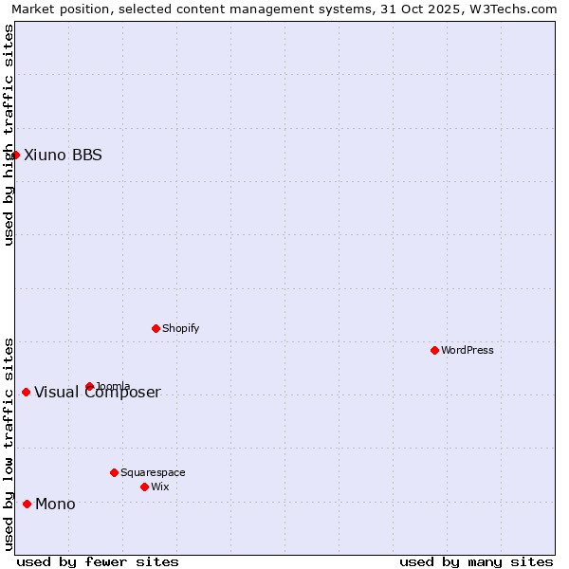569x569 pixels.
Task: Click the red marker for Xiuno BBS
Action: tap(15, 155)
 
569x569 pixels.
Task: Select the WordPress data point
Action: tap(434, 350)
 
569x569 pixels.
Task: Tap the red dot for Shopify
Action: tap(156, 328)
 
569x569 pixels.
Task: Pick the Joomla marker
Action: tap(89, 386)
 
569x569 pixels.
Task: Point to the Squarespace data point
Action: tap(114, 472)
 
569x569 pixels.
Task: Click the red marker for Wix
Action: tap(144, 486)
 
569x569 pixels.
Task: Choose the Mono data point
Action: tap(27, 504)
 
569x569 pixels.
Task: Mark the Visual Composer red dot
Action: tap(26, 392)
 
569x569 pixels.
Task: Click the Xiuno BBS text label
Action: tap(63, 155)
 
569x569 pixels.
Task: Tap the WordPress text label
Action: tap(468, 350)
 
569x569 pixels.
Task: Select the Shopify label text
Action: tap(181, 328)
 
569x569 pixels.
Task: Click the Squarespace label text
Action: tap(153, 472)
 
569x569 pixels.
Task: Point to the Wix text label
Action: tap(160, 486)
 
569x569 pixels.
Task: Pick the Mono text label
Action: tap(55, 504)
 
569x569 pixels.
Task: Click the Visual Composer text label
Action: tap(98, 393)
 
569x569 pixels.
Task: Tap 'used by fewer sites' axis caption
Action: tap(98, 561)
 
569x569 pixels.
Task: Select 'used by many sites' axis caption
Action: tap(476, 561)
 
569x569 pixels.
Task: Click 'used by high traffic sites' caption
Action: tap(9, 135)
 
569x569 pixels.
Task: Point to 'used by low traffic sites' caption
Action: tap(9, 444)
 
